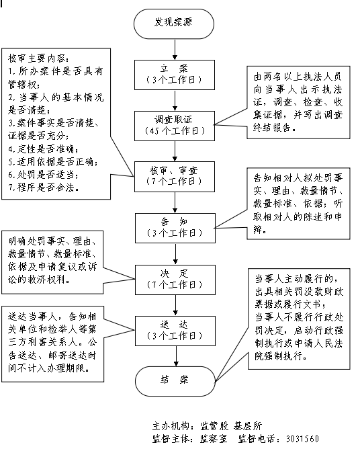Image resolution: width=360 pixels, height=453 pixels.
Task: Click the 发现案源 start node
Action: point(174,24)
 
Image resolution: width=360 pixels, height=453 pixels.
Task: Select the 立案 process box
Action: point(174,74)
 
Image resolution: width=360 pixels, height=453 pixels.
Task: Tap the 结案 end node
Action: point(174,380)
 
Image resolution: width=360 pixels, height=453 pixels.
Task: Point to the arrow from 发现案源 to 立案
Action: point(174,48)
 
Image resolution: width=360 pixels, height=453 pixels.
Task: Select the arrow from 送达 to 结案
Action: point(174,355)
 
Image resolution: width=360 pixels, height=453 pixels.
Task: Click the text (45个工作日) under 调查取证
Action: point(174,130)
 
